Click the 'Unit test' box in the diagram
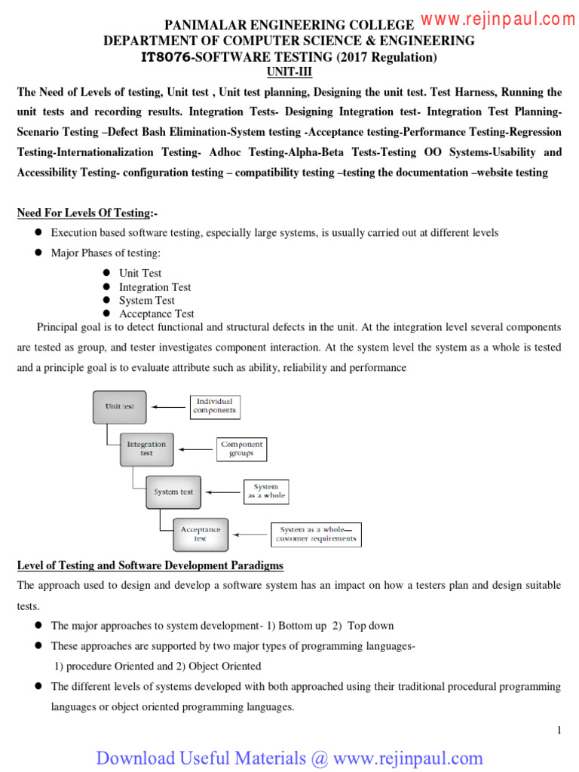[120, 406]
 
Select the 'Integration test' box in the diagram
[146, 449]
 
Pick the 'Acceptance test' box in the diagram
[200, 534]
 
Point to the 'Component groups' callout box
[241, 449]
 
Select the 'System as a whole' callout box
[265, 492]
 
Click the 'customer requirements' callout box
[315, 535]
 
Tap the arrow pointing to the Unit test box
[167, 407]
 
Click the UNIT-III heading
[289, 72]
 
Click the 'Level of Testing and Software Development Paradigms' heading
[150, 565]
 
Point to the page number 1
[559, 730]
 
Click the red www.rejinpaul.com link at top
[498, 20]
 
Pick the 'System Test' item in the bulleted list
[146, 300]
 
